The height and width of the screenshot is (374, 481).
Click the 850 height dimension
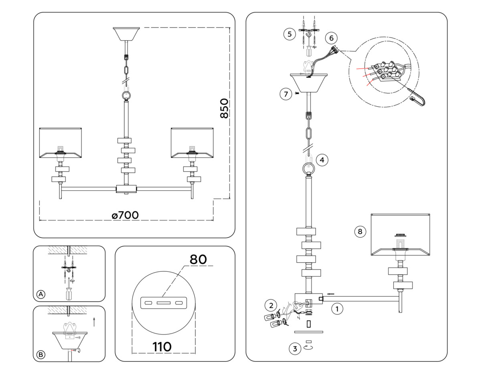pos(224,108)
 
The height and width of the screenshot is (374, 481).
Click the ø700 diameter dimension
pos(125,215)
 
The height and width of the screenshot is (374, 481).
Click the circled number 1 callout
pos(338,309)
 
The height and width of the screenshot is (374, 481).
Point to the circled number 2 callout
pos(271,305)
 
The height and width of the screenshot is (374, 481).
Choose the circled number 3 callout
pos(295,348)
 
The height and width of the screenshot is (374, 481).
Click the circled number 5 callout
pos(290,34)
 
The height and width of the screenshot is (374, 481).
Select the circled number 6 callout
pos(331,38)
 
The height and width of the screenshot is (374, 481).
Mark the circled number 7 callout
pos(285,94)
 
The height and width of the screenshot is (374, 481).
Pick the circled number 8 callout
pos(360,231)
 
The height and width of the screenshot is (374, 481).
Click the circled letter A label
pos(40,294)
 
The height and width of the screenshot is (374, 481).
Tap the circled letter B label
pos(40,354)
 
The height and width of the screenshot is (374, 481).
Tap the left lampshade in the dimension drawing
pos(61,142)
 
